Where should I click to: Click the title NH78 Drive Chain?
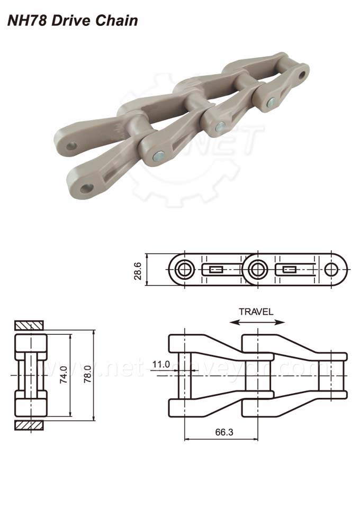[x=73, y=21]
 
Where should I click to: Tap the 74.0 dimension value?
[x=64, y=376]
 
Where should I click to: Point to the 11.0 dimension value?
[x=160, y=364]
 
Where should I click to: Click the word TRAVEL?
[x=256, y=311]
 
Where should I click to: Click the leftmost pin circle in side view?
[x=184, y=270]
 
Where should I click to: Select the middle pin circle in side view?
[x=257, y=270]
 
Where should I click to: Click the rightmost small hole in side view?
[x=332, y=270]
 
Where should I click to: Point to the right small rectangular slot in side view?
[x=289, y=270]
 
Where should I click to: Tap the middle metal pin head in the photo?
[x=219, y=126]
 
